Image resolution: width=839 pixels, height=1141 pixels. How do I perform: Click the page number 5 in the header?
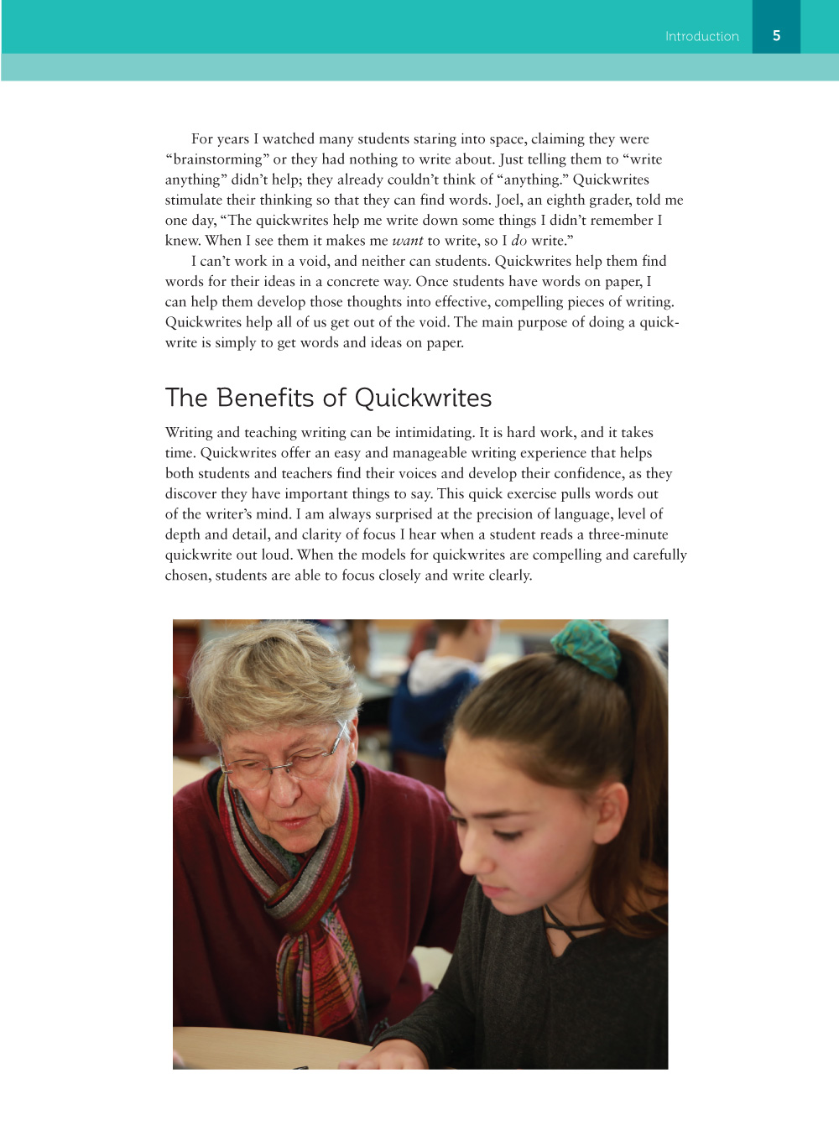pyautogui.click(x=776, y=35)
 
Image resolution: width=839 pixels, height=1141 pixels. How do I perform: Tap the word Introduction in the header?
pyautogui.click(x=701, y=36)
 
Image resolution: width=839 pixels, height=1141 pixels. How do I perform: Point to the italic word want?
pyautogui.click(x=407, y=241)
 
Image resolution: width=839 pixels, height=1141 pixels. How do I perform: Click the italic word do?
pyautogui.click(x=519, y=241)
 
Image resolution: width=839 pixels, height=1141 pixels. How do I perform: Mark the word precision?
pyautogui.click(x=506, y=514)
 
